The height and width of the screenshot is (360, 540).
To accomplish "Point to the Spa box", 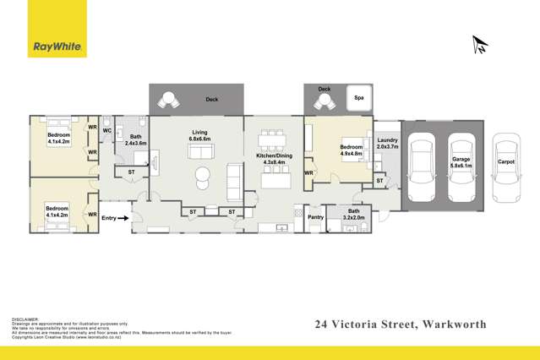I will [x=358, y=97].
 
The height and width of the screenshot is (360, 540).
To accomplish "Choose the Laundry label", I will [x=387, y=144].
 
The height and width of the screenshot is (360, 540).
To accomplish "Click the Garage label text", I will [x=461, y=161].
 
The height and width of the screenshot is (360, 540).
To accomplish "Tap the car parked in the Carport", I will [x=506, y=161].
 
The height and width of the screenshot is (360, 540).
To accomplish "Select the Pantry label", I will [x=316, y=217].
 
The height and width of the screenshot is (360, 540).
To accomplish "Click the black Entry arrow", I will [x=123, y=218].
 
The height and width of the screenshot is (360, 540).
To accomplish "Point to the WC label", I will [x=106, y=131].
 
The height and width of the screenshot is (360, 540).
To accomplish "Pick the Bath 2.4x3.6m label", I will [x=135, y=140].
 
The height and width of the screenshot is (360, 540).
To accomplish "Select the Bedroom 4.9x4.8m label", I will [x=351, y=150].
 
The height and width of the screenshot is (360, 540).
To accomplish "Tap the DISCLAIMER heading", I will [x=26, y=319].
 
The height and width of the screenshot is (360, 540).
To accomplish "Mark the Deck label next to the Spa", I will [x=324, y=89].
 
